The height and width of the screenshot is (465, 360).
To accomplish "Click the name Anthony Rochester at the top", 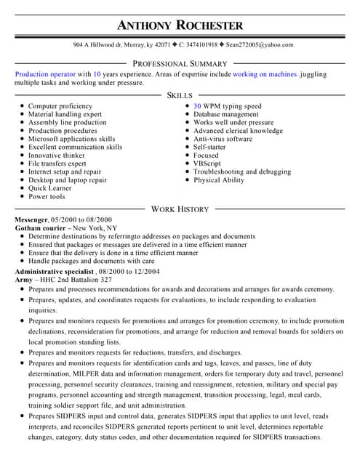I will tap(180, 25).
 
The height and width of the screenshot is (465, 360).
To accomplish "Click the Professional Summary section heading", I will tap(180, 64).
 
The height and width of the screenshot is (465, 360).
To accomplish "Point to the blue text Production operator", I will tap(45, 74).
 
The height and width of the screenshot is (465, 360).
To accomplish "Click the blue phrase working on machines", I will tap(265, 74).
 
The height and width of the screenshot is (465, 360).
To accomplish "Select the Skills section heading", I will tap(180, 95).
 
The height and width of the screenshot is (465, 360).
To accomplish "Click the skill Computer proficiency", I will tap(60, 106).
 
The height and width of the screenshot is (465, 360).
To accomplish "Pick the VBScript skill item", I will tap(207, 163).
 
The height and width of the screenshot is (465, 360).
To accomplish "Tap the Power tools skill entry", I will tap(47, 196).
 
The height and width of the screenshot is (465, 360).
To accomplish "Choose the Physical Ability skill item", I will tap(219, 180).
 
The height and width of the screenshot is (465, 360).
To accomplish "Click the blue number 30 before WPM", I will tap(197, 106).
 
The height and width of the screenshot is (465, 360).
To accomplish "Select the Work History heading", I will tap(180, 209).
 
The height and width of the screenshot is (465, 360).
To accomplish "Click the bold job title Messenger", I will tap(31, 219).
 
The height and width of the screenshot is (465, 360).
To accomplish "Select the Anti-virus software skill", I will tap(223, 139).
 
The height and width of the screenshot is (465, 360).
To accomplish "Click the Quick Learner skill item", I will tap(50, 188).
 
